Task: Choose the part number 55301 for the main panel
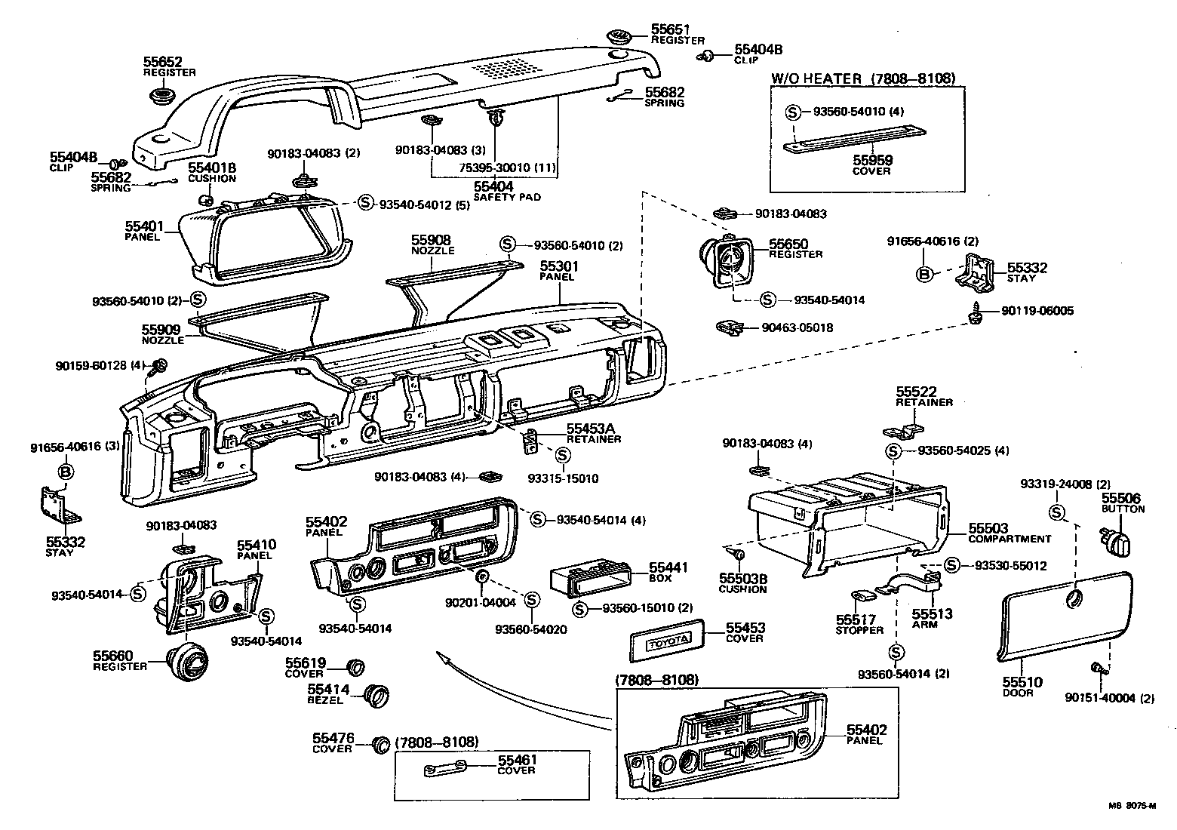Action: pyautogui.click(x=558, y=266)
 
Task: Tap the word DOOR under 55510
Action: pyautogui.click(x=1018, y=693)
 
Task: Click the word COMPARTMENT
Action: pyautogui.click(x=1010, y=539)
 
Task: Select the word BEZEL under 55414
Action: pyautogui.click(x=325, y=700)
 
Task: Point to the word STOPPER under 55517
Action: pyautogui.click(x=859, y=630)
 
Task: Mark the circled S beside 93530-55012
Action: pyautogui.click(x=951, y=565)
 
